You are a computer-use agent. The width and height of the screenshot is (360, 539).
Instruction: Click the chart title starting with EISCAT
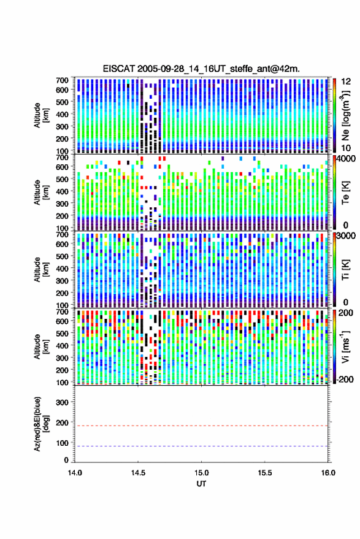pos(201,69)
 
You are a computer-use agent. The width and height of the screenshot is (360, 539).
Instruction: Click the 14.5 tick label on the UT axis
pos(138,473)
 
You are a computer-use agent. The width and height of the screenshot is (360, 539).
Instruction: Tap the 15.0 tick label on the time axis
pos(201,473)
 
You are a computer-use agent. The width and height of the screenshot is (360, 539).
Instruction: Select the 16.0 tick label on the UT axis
pos(328,473)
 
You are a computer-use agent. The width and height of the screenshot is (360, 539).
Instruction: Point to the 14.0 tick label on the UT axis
pos(75,473)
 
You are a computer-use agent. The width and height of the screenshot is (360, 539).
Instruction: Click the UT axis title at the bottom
pos(201,484)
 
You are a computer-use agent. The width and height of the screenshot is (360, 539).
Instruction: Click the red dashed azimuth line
pos(201,426)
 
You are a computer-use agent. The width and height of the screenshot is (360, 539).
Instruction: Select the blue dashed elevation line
pos(201,446)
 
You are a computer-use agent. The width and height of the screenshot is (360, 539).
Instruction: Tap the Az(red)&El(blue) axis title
pos(41,424)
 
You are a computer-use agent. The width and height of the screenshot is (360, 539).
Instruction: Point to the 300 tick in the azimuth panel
pos(62,402)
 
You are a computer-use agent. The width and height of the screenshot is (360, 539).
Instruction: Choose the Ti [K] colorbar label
pos(345,270)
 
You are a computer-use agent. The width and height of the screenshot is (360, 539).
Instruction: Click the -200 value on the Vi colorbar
pos(344,379)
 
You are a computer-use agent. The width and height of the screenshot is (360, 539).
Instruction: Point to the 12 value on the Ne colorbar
pos(346,82)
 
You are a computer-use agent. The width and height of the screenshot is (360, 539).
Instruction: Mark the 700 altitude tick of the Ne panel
pos(62,80)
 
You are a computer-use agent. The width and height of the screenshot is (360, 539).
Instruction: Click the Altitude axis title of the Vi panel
pos(41,346)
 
